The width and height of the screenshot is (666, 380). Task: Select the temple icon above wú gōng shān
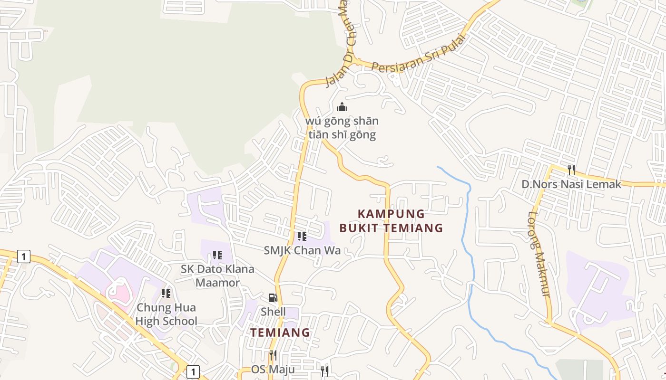click(x=342, y=107)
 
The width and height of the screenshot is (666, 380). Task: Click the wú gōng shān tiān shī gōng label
click(x=342, y=128)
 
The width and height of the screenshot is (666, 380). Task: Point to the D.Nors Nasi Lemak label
click(x=571, y=184)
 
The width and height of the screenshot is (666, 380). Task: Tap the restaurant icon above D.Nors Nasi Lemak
click(x=571, y=170)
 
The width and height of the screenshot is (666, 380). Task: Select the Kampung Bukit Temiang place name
click(x=391, y=221)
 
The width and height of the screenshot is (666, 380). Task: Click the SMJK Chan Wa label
click(x=302, y=250)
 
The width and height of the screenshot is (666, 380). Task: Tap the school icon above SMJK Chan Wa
click(x=302, y=236)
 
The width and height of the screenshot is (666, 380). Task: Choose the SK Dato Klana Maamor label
click(x=217, y=275)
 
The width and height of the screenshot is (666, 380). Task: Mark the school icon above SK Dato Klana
click(x=217, y=255)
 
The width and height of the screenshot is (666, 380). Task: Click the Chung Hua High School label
click(x=166, y=314)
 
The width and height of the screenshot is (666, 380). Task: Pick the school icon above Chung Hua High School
click(x=166, y=294)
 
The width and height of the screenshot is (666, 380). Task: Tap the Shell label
click(x=273, y=312)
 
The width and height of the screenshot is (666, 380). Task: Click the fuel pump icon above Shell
click(x=273, y=298)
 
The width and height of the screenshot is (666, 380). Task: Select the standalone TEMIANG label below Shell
click(x=280, y=332)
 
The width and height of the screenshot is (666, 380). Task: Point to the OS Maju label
click(x=273, y=369)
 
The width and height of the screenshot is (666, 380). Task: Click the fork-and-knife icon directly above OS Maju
click(x=273, y=355)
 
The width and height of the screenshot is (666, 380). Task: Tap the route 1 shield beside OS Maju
click(x=193, y=371)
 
